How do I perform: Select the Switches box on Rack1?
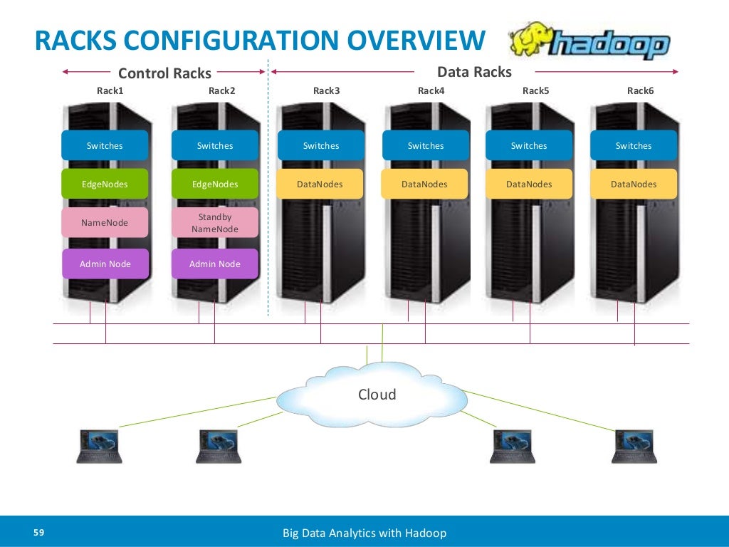point(105,145)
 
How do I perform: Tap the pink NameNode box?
point(105,223)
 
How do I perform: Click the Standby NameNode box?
point(215,223)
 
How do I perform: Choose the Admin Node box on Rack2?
point(215,264)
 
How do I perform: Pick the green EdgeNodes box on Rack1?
point(105,184)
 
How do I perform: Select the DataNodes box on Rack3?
point(320,184)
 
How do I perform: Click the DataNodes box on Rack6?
point(634,184)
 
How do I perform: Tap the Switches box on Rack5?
point(529,145)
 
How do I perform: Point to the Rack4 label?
point(431,90)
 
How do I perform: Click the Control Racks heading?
point(164,73)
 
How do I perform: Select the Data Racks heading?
point(474,72)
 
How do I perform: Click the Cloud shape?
point(377,396)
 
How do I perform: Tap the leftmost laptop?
point(99,447)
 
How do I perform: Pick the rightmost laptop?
point(635,447)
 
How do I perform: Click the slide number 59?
point(39,533)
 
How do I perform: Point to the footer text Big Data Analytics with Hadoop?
point(364,533)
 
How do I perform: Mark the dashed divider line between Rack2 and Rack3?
point(268,214)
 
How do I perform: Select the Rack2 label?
point(221,90)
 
